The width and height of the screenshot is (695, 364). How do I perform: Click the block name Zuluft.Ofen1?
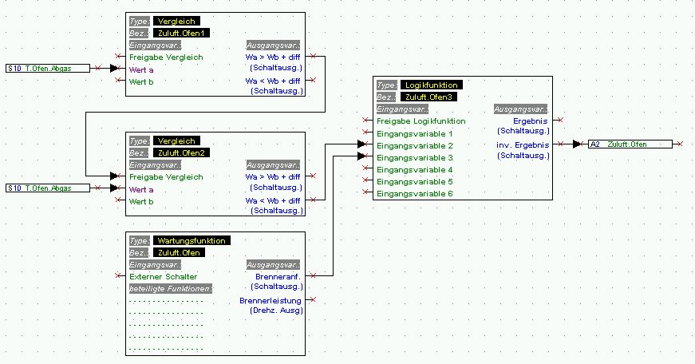(x=181, y=34)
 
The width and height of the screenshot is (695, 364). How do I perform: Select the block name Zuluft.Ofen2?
(x=181, y=153)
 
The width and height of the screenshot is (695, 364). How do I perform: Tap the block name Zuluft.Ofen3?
(x=428, y=97)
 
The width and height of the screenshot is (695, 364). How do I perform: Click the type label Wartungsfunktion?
(x=192, y=241)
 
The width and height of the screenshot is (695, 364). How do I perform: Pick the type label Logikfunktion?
(x=431, y=85)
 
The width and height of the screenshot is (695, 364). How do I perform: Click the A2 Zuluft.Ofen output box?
(x=630, y=144)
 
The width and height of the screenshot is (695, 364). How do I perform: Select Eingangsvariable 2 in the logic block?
(x=415, y=146)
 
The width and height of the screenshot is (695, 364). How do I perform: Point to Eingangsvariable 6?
(x=415, y=194)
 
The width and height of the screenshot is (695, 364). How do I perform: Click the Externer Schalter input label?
(x=163, y=277)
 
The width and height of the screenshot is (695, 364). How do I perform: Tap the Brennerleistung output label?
(x=270, y=301)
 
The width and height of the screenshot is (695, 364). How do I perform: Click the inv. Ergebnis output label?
(x=523, y=145)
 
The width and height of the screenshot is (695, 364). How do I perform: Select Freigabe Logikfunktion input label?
(x=421, y=121)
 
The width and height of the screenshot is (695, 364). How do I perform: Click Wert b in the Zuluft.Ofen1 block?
(x=141, y=81)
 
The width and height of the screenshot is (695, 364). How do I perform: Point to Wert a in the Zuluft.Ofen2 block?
(x=141, y=189)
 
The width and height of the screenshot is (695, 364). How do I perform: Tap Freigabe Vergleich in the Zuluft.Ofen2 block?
(x=166, y=177)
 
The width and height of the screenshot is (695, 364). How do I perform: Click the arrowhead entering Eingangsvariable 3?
(x=361, y=156)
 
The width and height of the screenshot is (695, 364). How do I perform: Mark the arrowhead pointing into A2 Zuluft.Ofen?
(x=577, y=144)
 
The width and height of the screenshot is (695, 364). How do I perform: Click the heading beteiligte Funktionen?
(x=171, y=289)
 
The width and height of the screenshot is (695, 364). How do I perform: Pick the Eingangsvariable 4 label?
(x=415, y=170)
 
